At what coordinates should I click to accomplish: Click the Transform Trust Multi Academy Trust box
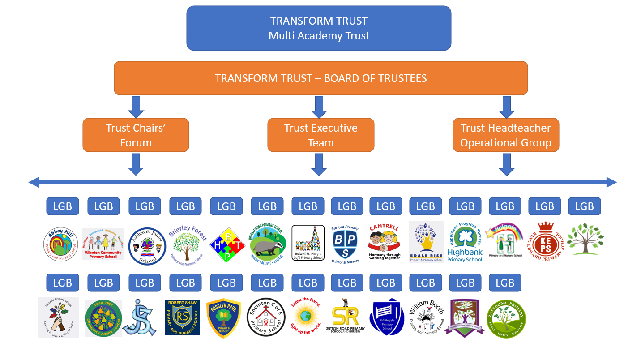tap(319, 28)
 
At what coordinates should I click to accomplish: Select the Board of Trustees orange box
tap(320, 78)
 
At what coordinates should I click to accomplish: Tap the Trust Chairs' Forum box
tap(136, 135)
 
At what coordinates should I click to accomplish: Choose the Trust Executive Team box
tap(320, 135)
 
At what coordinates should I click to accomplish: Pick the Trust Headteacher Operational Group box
tap(506, 135)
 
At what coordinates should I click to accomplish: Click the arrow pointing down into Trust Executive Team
tap(319, 107)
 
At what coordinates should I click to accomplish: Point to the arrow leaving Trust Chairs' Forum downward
tap(136, 164)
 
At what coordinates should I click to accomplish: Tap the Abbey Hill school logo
tap(60, 245)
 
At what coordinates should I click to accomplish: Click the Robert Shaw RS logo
tap(182, 317)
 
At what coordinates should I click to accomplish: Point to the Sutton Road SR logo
tap(348, 317)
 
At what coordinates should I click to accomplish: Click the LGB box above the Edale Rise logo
tap(425, 206)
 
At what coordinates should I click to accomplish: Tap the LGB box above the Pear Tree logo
tap(103, 283)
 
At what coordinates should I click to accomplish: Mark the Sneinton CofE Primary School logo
tap(266, 317)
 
